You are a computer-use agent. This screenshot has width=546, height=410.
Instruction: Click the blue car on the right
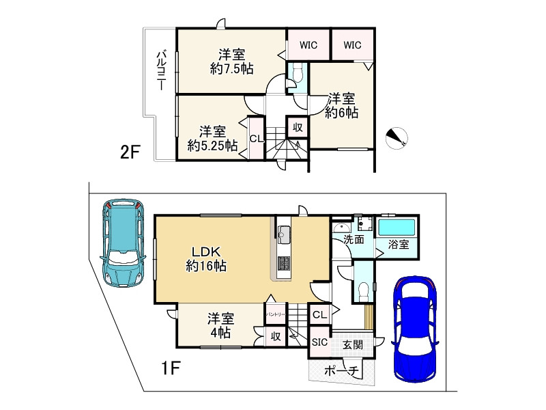[415, 330]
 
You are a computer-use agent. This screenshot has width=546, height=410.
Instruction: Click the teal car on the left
[123, 243]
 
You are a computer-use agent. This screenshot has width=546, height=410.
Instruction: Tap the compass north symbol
[397, 138]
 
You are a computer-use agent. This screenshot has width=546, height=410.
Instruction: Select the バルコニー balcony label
[161, 70]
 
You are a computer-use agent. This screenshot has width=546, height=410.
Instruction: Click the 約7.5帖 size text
[231, 69]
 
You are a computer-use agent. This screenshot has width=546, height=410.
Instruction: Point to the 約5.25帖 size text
[212, 145]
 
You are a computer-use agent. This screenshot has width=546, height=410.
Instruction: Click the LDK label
[207, 251]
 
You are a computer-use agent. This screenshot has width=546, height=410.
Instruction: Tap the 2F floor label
[130, 152]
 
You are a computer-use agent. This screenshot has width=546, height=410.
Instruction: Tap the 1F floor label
[171, 368]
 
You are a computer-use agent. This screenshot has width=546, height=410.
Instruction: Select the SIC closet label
[319, 342]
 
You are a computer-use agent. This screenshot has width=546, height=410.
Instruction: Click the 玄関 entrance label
[353, 345]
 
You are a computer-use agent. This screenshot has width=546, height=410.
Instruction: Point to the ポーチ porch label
[341, 370]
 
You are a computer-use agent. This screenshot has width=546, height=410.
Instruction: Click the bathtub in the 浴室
[397, 227]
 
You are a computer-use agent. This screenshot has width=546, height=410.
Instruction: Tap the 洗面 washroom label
[354, 240]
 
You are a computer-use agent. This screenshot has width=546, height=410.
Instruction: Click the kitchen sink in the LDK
[284, 234]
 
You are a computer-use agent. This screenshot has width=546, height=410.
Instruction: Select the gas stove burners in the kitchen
[284, 263]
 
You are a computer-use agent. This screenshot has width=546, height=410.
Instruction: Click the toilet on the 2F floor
[297, 74]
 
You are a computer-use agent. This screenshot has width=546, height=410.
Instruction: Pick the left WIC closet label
[308, 45]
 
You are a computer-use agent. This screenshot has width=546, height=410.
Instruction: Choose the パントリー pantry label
[276, 314]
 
